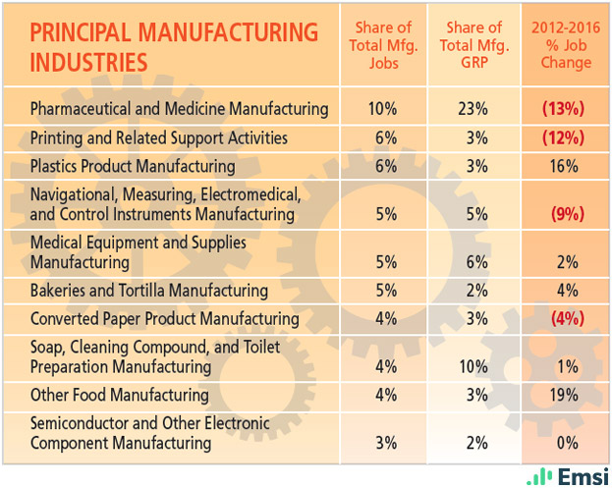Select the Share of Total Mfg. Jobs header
pos(379,45)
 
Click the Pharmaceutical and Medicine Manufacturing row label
pos(179,108)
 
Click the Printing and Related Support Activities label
pos(158,137)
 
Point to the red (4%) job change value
pos(566,318)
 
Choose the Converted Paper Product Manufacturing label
pos(164,318)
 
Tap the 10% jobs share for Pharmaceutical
pos(379,108)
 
